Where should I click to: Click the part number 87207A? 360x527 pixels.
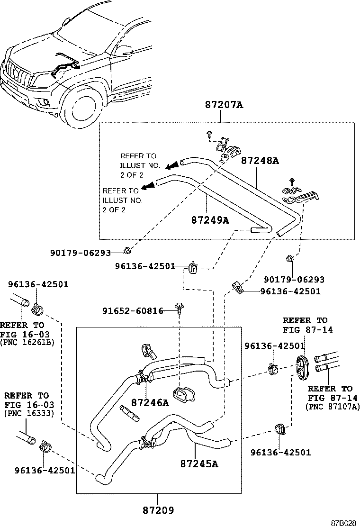click(x=224, y=106)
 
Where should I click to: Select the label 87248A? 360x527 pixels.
click(x=260, y=161)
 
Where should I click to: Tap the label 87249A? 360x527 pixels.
click(x=210, y=220)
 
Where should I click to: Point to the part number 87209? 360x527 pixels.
click(x=158, y=510)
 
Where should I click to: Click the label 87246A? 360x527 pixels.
click(x=150, y=403)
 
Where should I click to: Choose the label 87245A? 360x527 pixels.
click(x=199, y=463)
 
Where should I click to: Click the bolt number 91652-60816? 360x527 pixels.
click(x=133, y=311)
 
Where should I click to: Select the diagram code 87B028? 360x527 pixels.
click(x=342, y=522)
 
